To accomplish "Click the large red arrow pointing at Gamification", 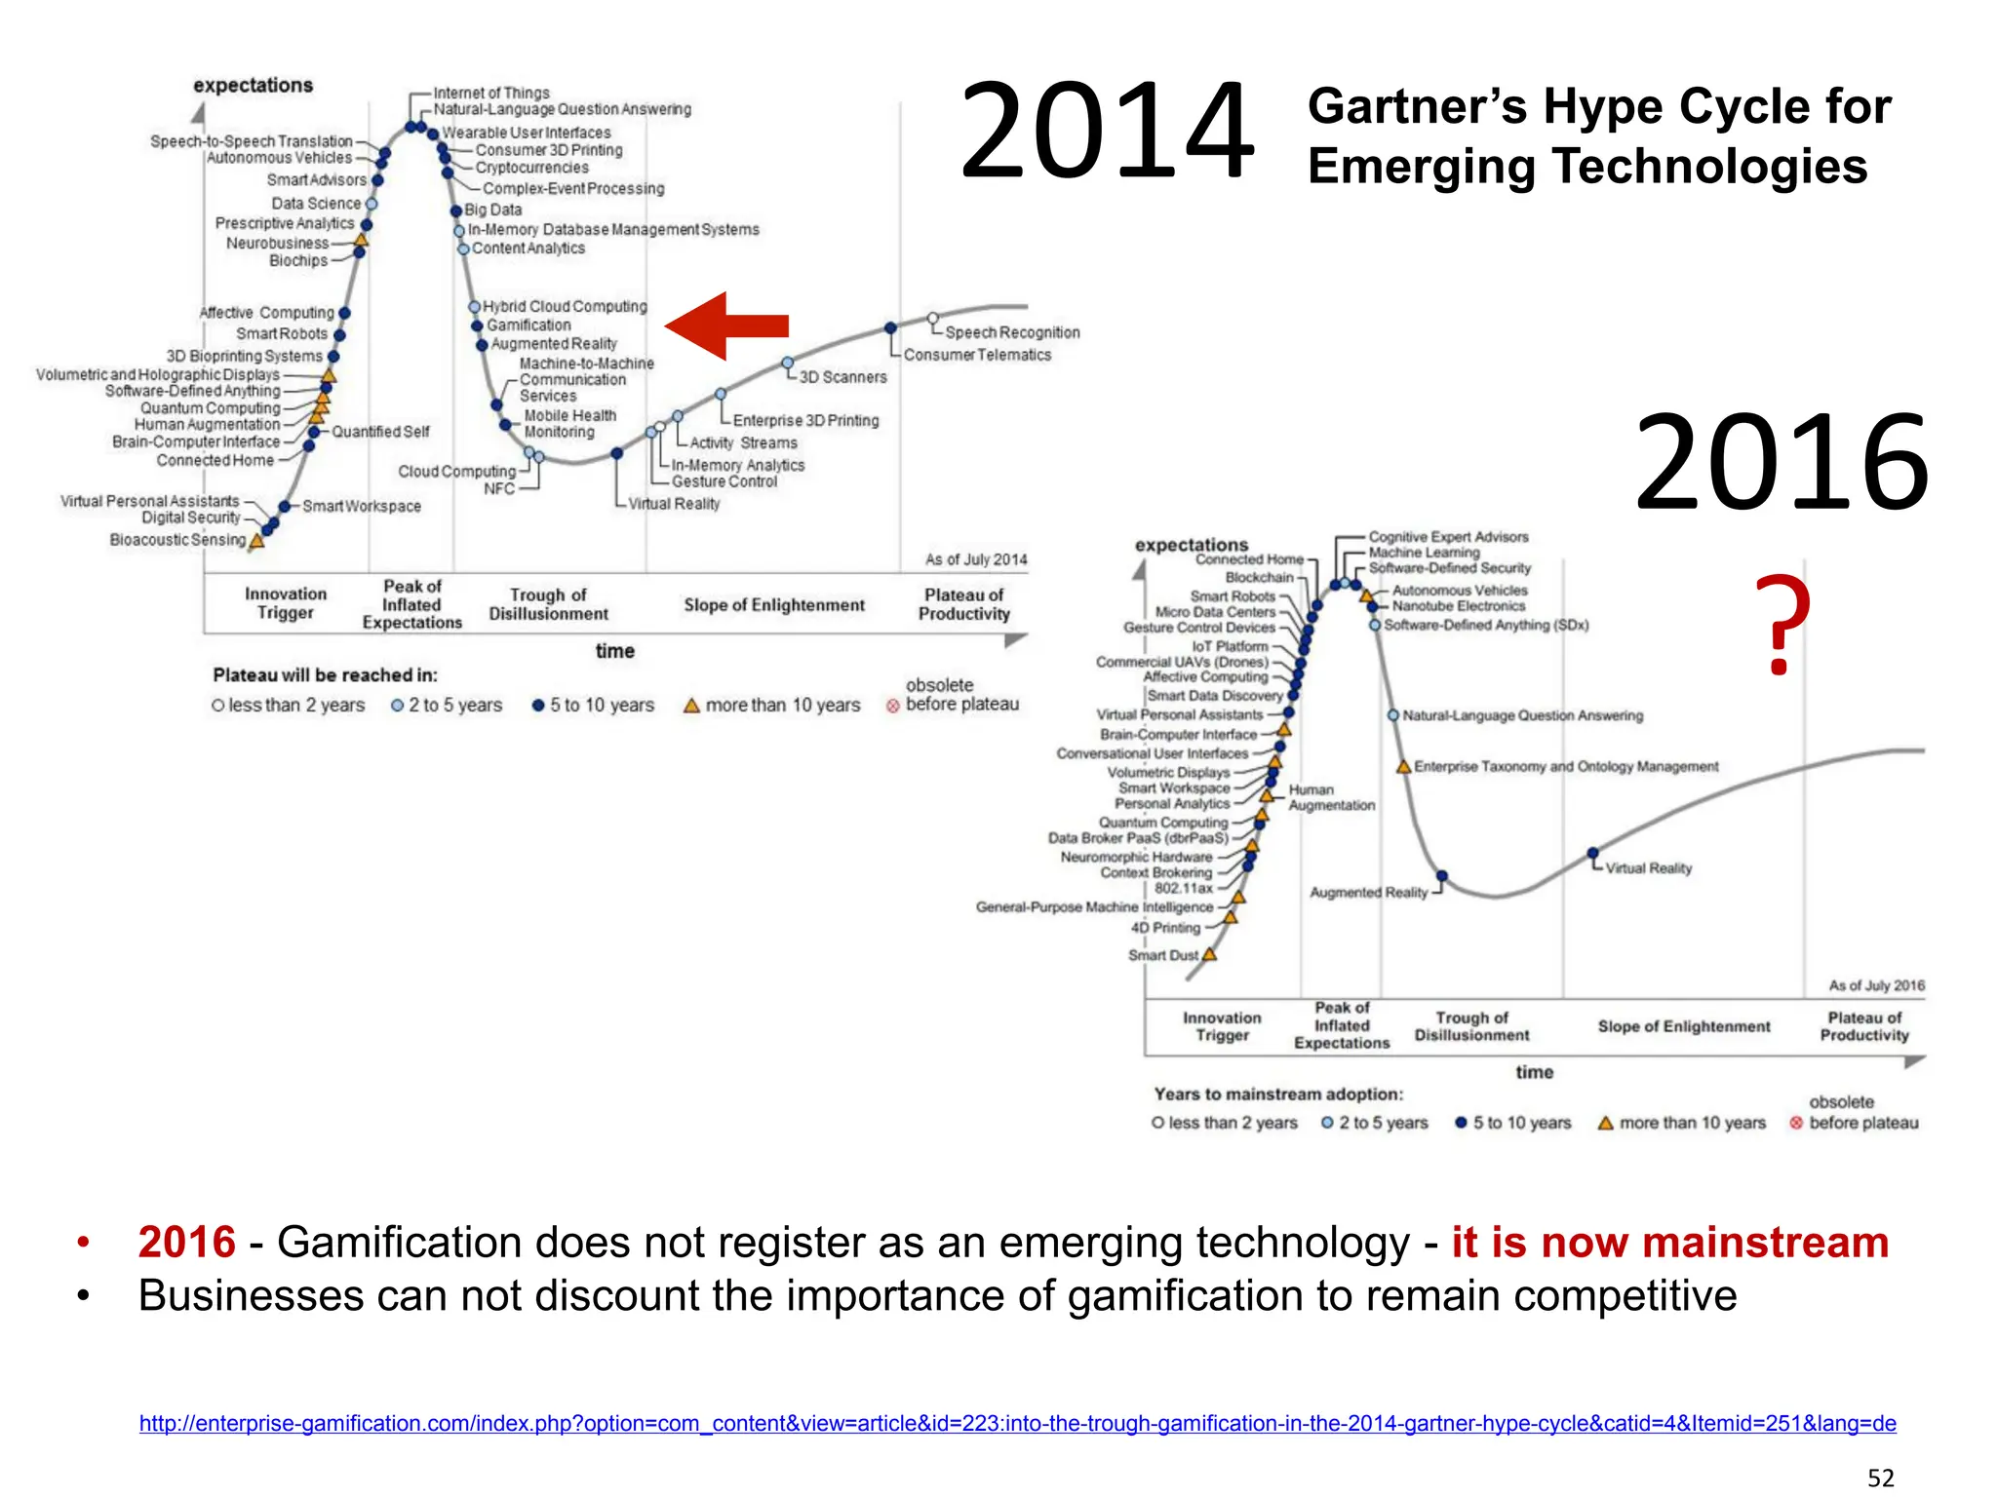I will (726, 326).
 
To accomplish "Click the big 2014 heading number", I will (1107, 133).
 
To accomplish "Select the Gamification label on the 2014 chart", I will (529, 326).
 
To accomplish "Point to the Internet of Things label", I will (491, 93).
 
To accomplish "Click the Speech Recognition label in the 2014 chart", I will (1012, 332).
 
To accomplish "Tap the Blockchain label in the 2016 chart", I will (1259, 577).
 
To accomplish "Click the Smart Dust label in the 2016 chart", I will (1162, 955).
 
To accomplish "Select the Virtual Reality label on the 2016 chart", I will (1648, 868).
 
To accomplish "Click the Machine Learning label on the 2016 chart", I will (1424, 553).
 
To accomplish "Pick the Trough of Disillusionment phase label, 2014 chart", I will (548, 604).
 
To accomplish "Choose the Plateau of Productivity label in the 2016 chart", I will (1863, 1026).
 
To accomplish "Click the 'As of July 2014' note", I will (976, 559).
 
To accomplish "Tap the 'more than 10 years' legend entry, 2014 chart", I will (782, 705).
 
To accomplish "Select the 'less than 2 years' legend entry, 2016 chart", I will (1233, 1123).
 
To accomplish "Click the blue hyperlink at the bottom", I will (1017, 1423).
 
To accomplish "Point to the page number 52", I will (1880, 1478).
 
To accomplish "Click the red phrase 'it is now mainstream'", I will (1669, 1243).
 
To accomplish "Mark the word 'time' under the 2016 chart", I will (1534, 1072).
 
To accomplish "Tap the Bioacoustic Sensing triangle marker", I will (257, 540).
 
